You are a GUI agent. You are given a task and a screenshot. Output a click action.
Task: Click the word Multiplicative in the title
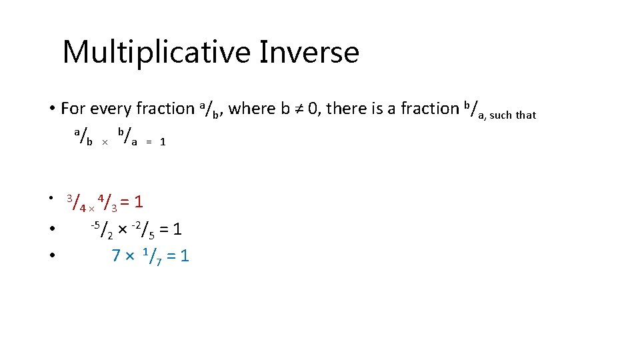click(157, 52)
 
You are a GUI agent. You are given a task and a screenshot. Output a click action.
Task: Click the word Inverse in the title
click(309, 52)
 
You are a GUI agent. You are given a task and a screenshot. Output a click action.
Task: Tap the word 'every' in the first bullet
click(108, 108)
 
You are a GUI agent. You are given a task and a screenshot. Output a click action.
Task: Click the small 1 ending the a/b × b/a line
click(163, 142)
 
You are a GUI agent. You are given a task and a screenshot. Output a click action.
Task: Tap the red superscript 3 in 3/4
click(69, 197)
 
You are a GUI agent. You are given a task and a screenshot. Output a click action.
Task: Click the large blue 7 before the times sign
click(117, 255)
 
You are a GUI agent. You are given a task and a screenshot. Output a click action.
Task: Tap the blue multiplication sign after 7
click(130, 256)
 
